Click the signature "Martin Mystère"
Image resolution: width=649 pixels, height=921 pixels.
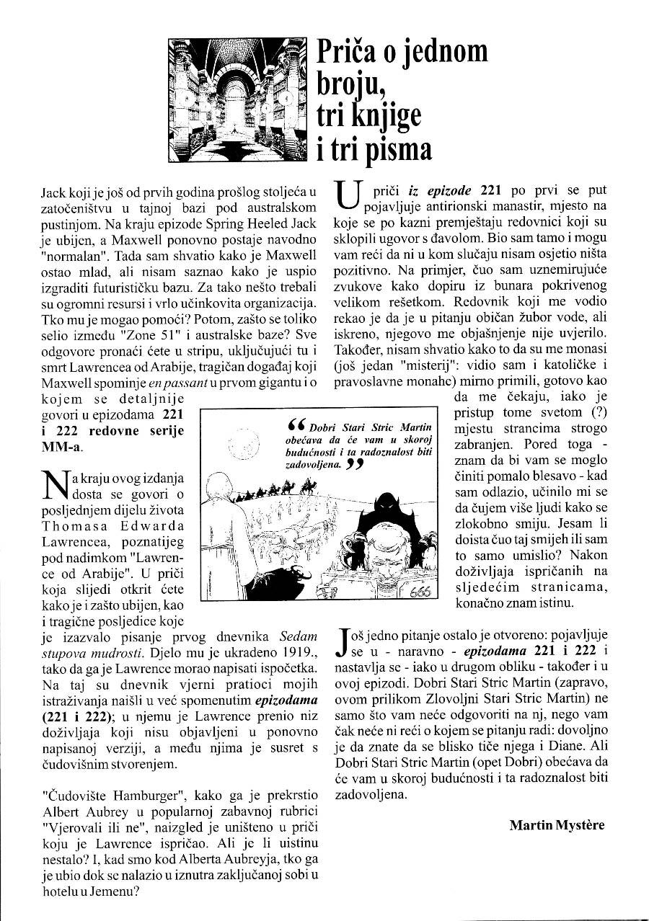tap(557, 824)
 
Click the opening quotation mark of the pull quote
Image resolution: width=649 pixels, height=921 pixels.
tap(293, 424)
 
